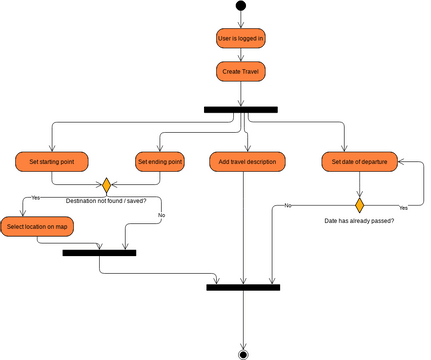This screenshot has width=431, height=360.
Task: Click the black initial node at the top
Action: [x=241, y=6]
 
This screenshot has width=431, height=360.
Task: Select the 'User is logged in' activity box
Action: [x=241, y=39]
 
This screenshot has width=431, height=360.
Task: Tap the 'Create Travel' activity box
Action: [x=241, y=72]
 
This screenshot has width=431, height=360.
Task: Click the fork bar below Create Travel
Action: [x=241, y=109]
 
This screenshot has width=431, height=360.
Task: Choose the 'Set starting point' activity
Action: [x=52, y=160]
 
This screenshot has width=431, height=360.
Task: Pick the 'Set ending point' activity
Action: [x=160, y=160]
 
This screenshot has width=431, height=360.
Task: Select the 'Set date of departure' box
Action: [x=358, y=160]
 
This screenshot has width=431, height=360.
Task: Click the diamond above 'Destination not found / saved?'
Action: [x=106, y=186]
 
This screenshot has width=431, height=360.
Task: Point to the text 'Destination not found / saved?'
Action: [x=106, y=201]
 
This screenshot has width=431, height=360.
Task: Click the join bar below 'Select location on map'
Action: [x=99, y=253]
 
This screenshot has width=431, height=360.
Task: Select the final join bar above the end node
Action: [x=243, y=287]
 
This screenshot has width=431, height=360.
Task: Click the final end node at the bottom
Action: [x=243, y=352]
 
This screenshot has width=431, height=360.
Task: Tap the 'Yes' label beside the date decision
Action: [x=403, y=207]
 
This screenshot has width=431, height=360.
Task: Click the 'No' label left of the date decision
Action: [x=287, y=205]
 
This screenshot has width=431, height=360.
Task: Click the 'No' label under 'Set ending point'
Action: [x=161, y=215]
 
